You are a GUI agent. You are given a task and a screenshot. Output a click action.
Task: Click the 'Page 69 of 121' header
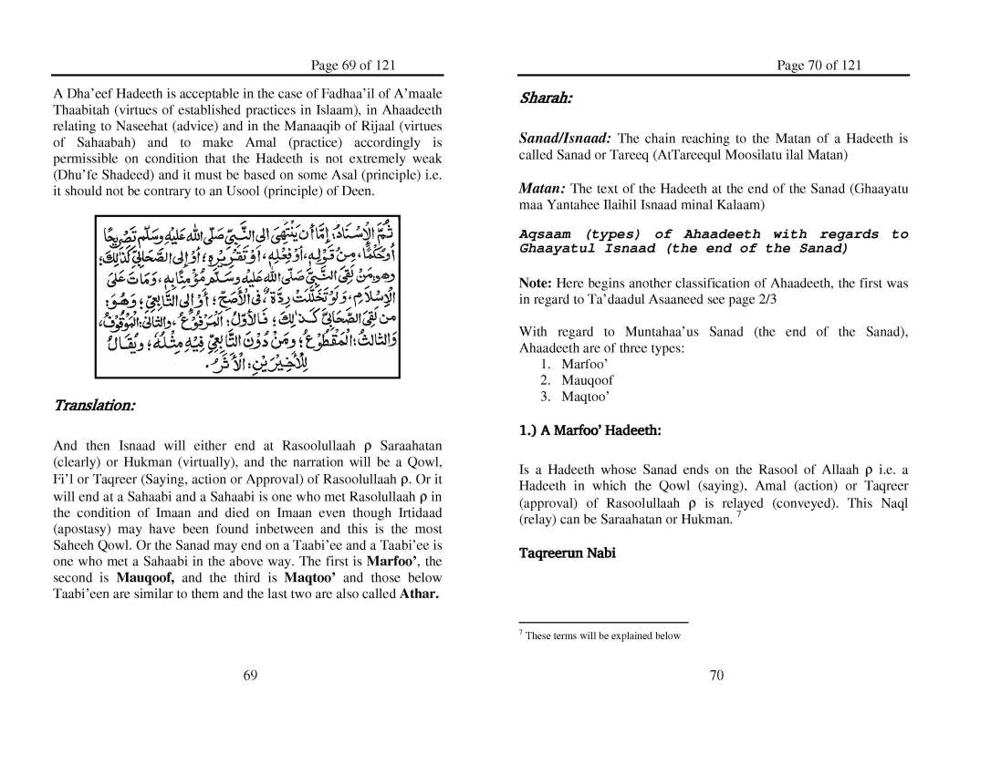[x=353, y=65]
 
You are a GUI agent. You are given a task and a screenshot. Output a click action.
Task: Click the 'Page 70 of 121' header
[x=819, y=65]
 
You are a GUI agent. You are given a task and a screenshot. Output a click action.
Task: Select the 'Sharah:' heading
[x=546, y=98]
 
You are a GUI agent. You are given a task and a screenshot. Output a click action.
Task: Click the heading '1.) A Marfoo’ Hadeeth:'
[x=577, y=429]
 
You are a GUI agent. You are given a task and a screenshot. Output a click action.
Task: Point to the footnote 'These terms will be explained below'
[x=602, y=636]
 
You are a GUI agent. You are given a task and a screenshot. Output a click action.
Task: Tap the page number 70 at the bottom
[x=716, y=675]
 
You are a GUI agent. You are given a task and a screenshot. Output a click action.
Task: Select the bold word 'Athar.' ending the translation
[x=420, y=594]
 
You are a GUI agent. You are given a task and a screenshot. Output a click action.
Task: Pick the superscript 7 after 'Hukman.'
[x=738, y=515]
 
